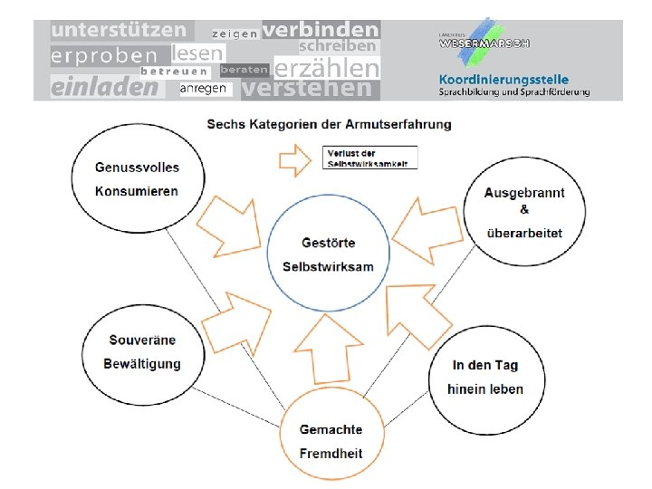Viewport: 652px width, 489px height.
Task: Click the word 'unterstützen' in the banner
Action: (119, 31)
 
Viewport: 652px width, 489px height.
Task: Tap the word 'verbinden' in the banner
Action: (321, 29)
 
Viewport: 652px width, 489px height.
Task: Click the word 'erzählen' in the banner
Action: (326, 69)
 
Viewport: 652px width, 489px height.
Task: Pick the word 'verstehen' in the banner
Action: (307, 89)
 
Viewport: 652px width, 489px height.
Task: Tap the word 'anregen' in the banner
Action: (203, 89)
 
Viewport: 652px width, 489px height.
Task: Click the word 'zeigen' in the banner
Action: (235, 34)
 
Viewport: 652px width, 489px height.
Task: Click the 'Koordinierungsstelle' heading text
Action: (503, 79)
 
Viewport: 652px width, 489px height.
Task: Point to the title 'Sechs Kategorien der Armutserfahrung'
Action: (329, 123)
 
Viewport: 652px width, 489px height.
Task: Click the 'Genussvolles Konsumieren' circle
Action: (137, 178)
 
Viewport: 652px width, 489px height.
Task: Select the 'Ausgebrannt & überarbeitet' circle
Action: (524, 213)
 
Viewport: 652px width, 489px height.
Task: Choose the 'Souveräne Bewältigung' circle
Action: (143, 351)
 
